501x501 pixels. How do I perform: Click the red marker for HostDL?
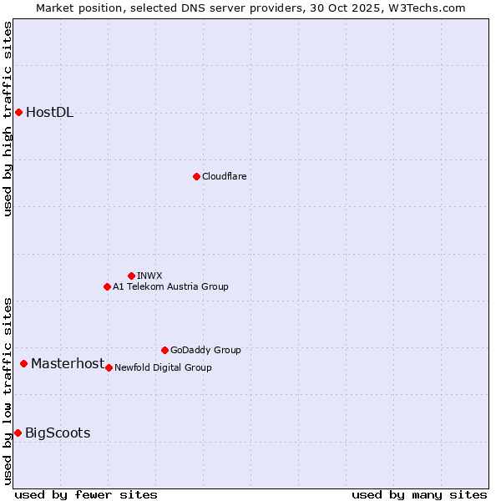tap(18, 112)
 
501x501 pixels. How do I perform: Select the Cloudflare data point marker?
tap(196, 176)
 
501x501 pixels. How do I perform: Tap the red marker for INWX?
tap(131, 276)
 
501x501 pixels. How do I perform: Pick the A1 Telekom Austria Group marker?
tap(107, 286)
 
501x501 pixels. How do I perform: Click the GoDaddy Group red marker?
tap(164, 350)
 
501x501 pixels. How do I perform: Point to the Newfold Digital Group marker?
tap(109, 367)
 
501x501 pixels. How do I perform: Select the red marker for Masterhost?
tap(24, 363)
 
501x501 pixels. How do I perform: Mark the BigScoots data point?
tap(18, 433)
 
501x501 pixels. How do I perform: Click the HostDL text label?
tap(49, 113)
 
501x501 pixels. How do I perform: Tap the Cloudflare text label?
tap(224, 176)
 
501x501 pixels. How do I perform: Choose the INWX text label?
tap(149, 276)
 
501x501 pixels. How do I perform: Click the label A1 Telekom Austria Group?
tap(170, 286)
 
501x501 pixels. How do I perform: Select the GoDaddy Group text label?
tap(205, 350)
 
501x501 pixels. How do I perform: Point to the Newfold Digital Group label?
tap(163, 367)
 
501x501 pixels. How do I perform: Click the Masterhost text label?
tap(68, 363)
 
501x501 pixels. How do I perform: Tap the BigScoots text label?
tap(58, 433)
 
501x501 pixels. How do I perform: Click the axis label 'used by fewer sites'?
tap(86, 494)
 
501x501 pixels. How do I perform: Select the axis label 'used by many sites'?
tap(419, 494)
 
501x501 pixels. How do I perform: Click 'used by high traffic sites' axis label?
tap(8, 119)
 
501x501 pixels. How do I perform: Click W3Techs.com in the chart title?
tap(426, 8)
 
